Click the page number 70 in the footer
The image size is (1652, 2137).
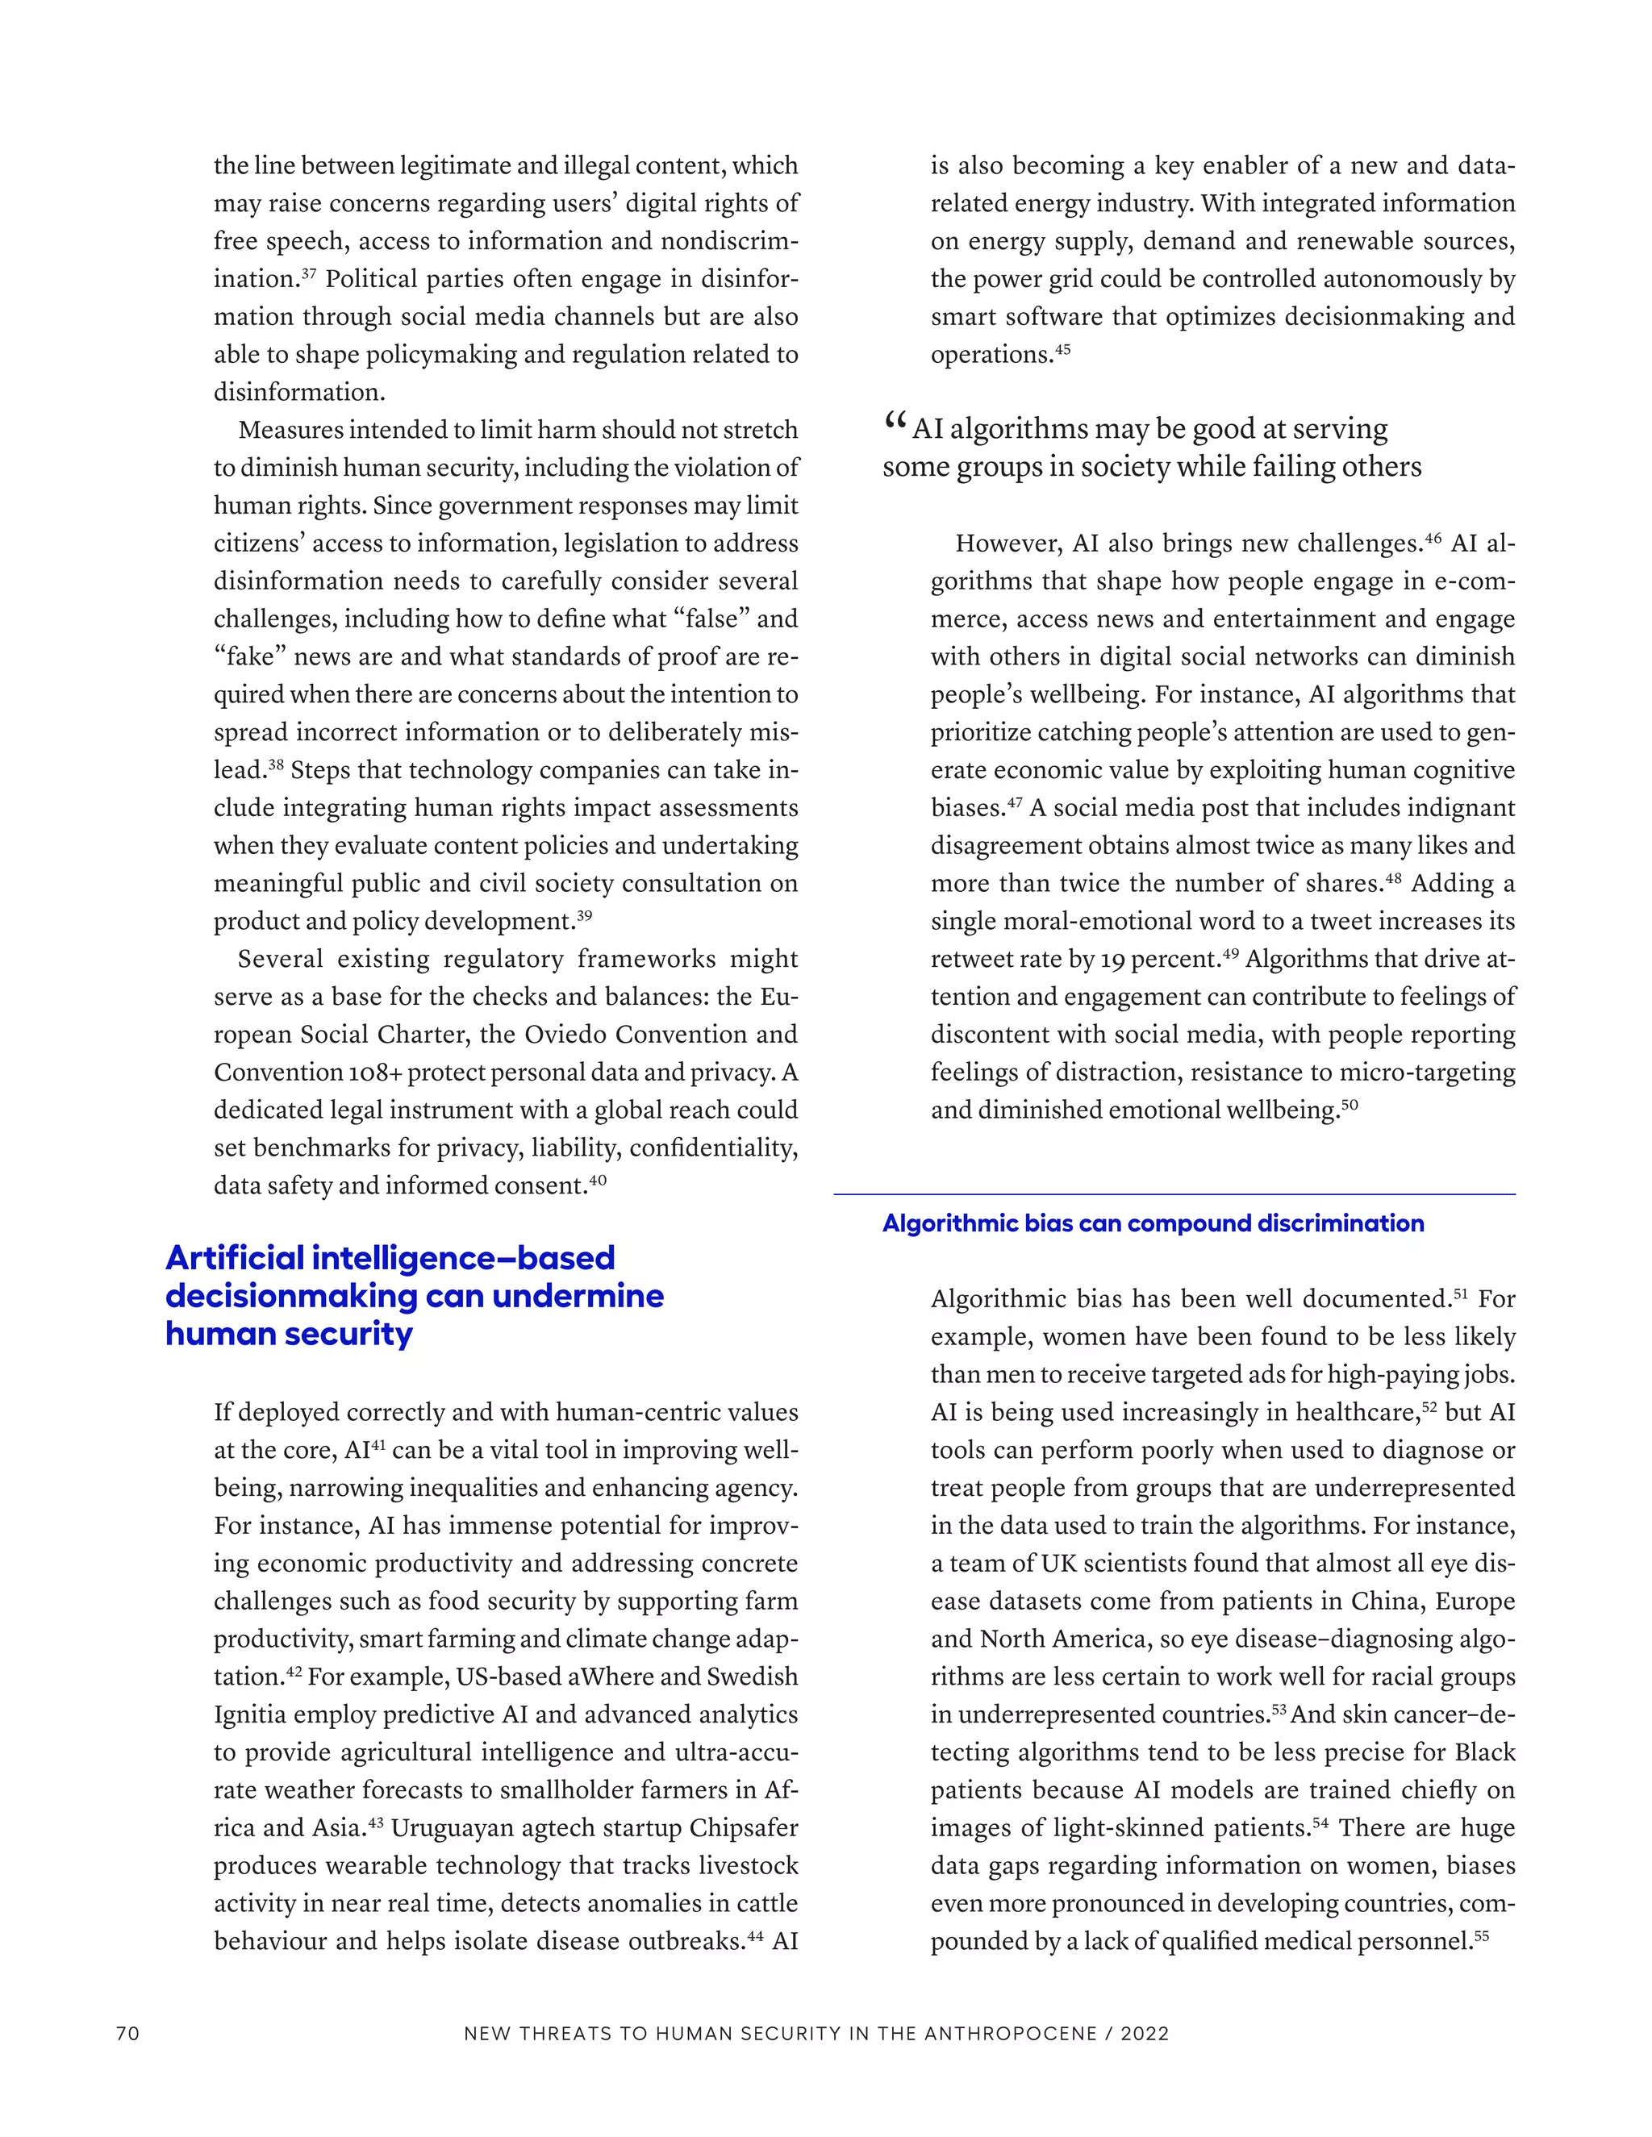click(x=128, y=2033)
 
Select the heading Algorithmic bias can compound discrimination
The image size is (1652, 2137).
click(x=1153, y=1223)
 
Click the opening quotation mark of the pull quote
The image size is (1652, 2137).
click(x=894, y=423)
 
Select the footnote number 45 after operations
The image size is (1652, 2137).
click(x=1063, y=348)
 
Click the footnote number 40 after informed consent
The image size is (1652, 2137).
click(x=598, y=1179)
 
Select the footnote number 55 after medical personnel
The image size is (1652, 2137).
click(x=1481, y=1935)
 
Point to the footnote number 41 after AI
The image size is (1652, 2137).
click(x=379, y=1444)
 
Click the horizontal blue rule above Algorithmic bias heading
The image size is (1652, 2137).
click(x=1174, y=1193)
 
